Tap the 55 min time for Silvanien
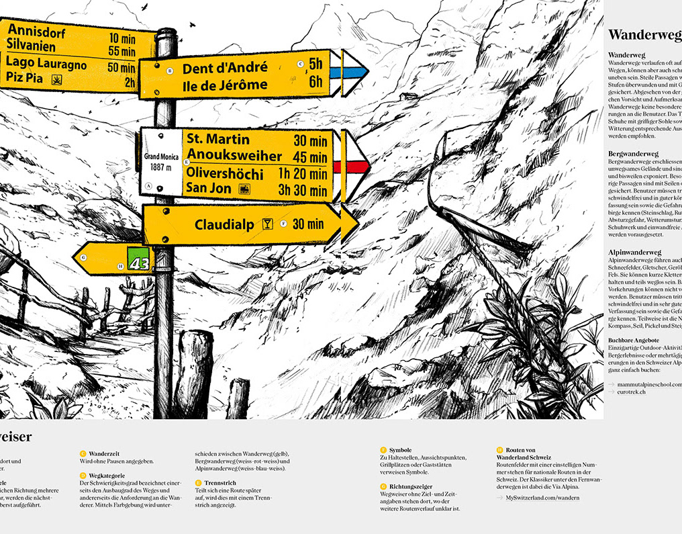121,51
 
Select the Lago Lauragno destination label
46,65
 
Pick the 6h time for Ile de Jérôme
315,83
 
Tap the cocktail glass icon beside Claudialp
268,224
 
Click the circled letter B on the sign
169,71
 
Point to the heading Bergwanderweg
633,154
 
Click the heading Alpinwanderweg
634,252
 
